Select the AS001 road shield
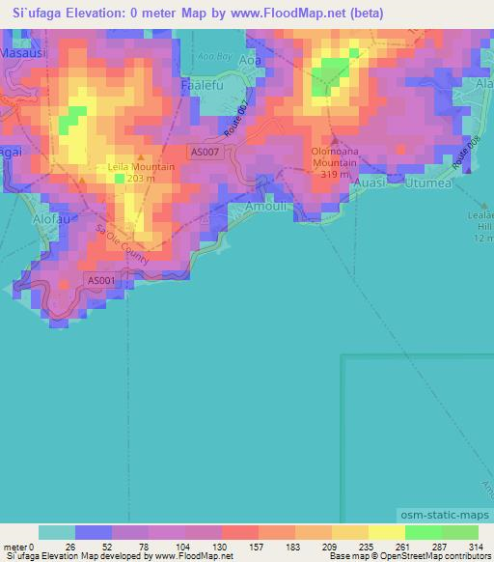point(101,281)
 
